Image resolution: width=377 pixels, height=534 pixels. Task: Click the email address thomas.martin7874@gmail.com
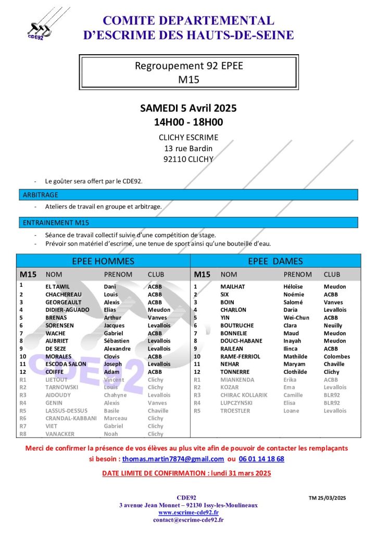[173, 459]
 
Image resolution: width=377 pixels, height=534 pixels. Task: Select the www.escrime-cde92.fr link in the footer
[188, 513]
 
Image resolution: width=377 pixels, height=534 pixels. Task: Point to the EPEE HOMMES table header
[103, 261]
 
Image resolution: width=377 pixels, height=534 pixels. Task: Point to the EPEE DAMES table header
[275, 261]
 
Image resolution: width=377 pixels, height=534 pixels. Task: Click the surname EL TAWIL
[58, 287]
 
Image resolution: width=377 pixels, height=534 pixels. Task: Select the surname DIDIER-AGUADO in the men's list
[67, 310]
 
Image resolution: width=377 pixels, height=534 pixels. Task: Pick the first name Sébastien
[118, 341]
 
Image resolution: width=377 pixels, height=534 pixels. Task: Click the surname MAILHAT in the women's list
[232, 287]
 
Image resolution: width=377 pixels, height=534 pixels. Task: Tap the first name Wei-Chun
[296, 318]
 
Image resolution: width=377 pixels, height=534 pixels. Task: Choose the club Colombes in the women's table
[337, 357]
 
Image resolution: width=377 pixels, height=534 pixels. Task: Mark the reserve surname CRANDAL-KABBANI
[71, 418]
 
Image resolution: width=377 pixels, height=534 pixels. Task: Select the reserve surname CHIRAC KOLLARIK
[244, 395]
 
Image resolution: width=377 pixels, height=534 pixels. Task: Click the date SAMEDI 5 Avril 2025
[188, 108]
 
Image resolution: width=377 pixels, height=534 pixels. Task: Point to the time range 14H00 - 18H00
[188, 123]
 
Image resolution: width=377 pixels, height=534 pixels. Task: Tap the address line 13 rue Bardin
[188, 149]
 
